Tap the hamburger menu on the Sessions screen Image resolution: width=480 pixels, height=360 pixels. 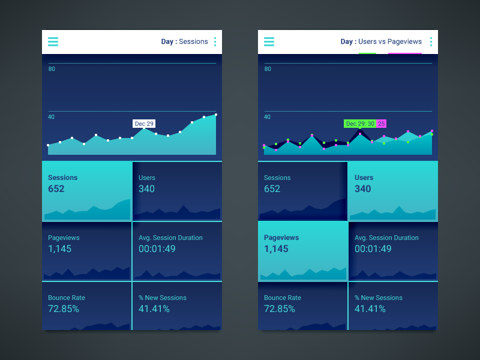point(53,42)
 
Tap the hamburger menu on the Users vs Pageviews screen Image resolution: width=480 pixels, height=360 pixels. point(269,42)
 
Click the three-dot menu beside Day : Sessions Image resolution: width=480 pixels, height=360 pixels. point(215,42)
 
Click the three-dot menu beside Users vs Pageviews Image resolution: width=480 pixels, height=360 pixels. point(431,42)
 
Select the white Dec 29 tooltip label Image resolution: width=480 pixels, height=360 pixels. point(144,124)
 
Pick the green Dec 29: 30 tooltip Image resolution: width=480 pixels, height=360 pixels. point(360,124)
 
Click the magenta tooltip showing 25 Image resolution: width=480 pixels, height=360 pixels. point(382,124)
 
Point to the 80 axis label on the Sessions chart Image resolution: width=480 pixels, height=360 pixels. point(52,69)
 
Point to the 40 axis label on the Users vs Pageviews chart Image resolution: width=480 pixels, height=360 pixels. point(268,117)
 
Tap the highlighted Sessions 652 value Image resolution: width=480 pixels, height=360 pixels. point(56,189)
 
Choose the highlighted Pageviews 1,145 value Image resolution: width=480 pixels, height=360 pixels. point(276,249)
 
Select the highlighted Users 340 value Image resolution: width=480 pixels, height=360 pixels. point(363,189)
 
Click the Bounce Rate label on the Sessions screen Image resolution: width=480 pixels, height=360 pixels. point(67,298)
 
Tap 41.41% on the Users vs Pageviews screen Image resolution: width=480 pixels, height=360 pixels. point(370,309)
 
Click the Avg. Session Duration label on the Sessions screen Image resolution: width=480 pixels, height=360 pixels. point(170,238)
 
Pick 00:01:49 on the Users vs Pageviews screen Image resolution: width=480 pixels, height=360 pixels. point(373,249)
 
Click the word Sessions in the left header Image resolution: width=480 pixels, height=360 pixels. point(193,42)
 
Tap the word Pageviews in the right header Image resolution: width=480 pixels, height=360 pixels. point(404,42)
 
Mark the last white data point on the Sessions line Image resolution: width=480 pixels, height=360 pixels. point(216,115)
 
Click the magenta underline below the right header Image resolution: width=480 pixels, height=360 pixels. point(405,53)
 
